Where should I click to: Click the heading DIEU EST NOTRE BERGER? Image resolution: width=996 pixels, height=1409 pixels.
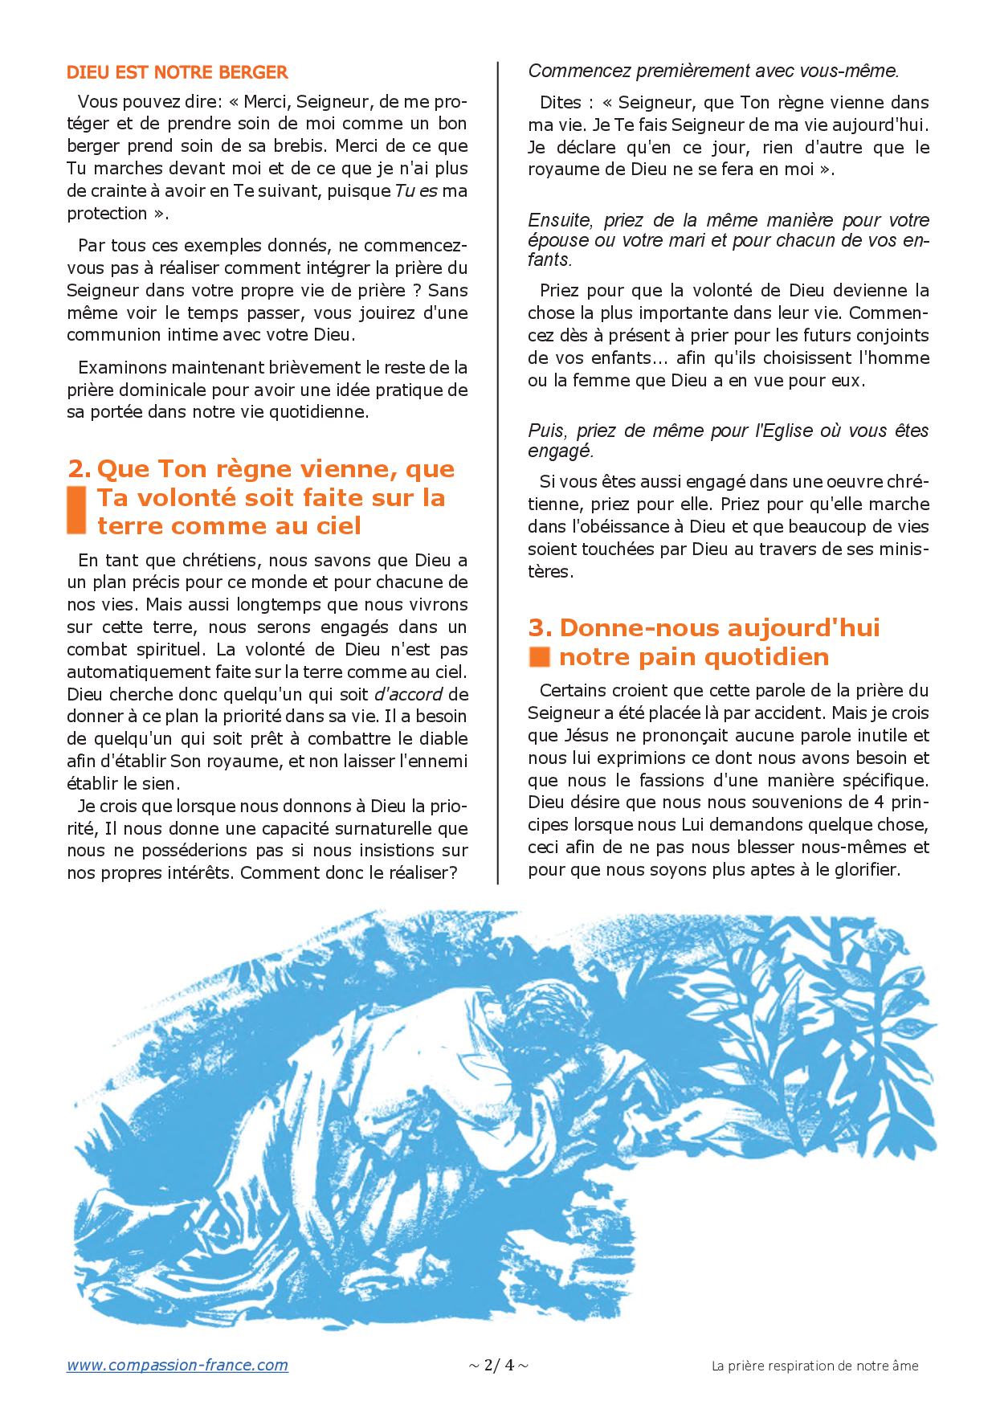click(x=177, y=72)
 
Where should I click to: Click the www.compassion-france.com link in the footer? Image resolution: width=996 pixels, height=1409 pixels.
click(x=177, y=1365)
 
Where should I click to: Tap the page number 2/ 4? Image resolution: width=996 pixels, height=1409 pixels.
click(x=499, y=1365)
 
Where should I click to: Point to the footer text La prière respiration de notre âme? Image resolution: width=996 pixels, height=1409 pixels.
click(x=814, y=1366)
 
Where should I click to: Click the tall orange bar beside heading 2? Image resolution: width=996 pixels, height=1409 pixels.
click(x=76, y=510)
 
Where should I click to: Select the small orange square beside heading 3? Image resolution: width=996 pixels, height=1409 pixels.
click(x=539, y=657)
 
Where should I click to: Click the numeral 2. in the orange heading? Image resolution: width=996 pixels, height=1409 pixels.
click(x=80, y=468)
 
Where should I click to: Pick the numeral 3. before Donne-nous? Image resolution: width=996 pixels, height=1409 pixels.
click(x=540, y=627)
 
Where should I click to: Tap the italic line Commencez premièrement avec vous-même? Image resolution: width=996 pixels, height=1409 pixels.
click(x=713, y=71)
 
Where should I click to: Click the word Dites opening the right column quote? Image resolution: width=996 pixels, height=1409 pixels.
click(x=561, y=103)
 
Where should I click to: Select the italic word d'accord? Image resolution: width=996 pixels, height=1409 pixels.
click(x=408, y=694)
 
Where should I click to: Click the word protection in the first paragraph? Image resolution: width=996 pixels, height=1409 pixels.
click(x=107, y=214)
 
